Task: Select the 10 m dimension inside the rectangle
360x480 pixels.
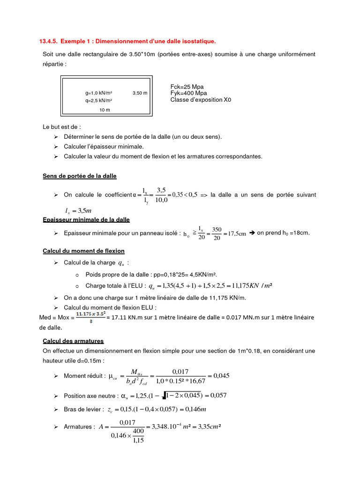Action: [105, 110]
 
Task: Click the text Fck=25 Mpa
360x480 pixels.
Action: [187, 87]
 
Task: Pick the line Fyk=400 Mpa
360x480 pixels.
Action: [188, 93]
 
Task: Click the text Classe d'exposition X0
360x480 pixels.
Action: [201, 100]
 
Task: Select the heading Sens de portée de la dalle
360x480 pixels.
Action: [80, 176]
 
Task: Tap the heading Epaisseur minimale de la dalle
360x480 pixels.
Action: [86, 219]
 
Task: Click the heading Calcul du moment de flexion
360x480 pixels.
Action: [83, 251]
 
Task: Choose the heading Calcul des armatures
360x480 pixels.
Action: [73, 341]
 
